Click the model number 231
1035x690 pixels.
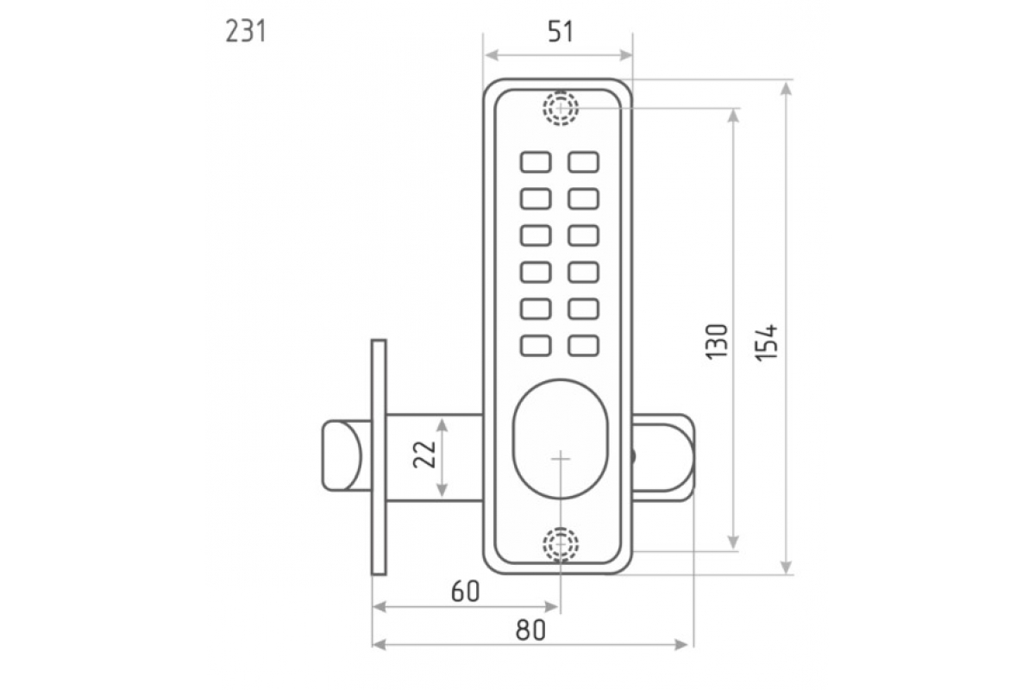[246, 32]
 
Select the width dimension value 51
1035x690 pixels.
[560, 32]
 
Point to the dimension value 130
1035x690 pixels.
[718, 342]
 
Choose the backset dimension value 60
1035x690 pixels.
[465, 592]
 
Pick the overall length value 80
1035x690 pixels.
[531, 630]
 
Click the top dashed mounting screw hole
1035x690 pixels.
[560, 109]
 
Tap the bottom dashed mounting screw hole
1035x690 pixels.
[560, 545]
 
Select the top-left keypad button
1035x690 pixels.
[536, 162]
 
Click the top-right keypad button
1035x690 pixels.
[584, 162]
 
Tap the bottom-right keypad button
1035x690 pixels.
[584, 345]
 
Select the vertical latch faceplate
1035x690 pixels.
[379, 456]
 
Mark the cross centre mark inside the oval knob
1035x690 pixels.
[560, 459]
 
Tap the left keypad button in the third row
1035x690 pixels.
[536, 235]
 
